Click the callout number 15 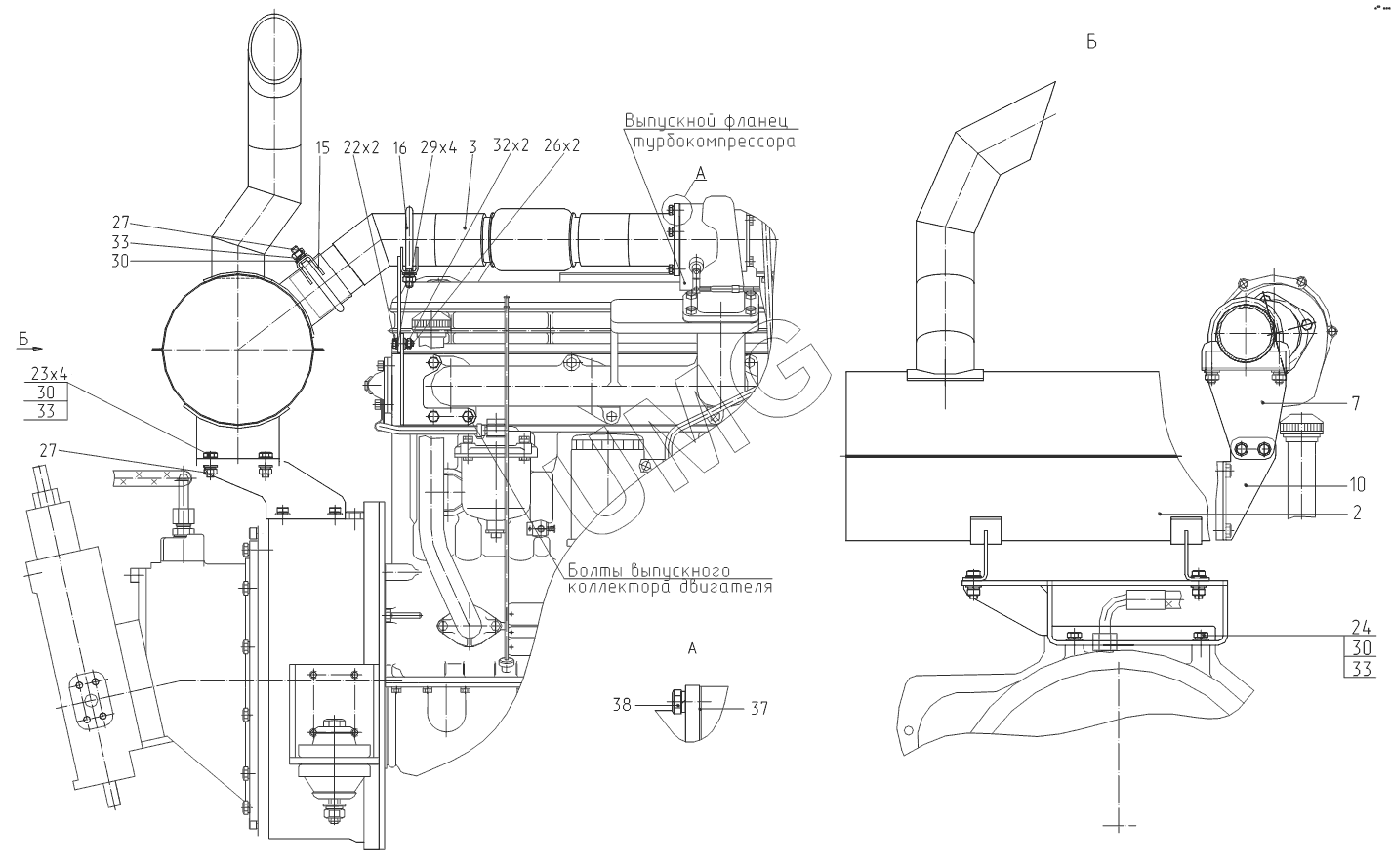(322, 147)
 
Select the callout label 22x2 (361, 147)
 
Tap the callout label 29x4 (438, 147)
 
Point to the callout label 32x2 (511, 145)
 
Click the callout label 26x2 (561, 145)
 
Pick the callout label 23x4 (49, 374)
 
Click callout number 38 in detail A (622, 705)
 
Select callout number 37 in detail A (759, 708)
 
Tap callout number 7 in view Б (1356, 404)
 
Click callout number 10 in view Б (1357, 484)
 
